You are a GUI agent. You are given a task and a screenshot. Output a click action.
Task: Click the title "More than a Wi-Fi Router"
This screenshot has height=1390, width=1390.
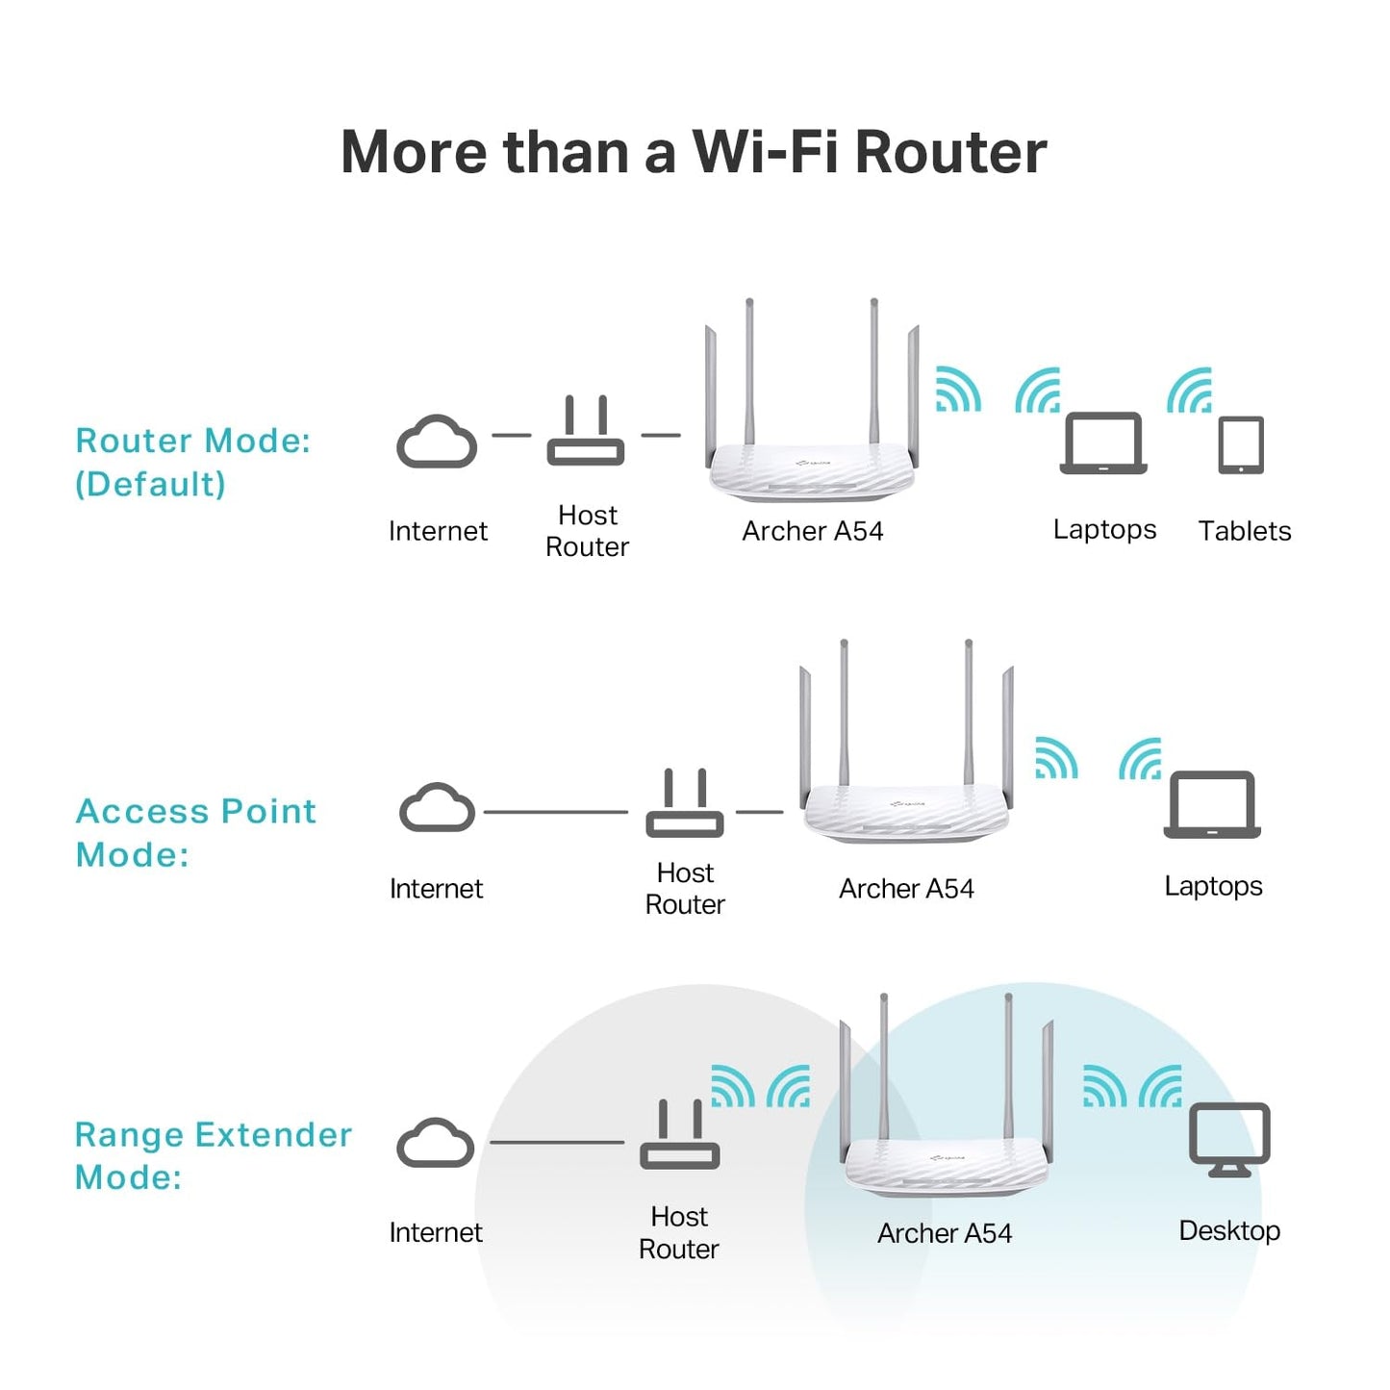click(694, 152)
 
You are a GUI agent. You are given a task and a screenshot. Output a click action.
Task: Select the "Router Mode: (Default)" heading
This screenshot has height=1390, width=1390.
click(192, 462)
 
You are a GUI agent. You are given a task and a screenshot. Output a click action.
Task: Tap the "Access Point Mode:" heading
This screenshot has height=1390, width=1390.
click(195, 832)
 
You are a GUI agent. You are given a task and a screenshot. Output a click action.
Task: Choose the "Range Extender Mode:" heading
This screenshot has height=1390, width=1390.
click(213, 1155)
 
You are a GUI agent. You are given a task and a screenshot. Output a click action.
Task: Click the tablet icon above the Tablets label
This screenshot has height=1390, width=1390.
click(1241, 444)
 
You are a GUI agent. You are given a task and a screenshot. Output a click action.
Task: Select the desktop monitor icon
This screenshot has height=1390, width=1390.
click(1229, 1139)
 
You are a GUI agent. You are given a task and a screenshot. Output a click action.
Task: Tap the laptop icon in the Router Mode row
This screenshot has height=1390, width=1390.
click(1103, 443)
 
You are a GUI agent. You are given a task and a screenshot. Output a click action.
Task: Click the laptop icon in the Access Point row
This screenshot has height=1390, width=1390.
click(1212, 804)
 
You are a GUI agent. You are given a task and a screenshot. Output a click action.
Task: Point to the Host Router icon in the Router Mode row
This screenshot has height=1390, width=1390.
click(586, 432)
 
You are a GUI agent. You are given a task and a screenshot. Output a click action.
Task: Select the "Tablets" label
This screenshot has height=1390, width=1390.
click(1244, 531)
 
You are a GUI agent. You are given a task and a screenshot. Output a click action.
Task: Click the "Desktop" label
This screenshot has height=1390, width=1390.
click(1229, 1230)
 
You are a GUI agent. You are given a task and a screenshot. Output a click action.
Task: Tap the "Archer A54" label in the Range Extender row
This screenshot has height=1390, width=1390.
click(944, 1233)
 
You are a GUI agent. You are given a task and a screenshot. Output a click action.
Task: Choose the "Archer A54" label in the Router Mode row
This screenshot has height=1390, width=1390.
click(812, 531)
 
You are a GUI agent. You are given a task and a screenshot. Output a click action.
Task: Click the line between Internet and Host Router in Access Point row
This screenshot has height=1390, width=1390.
click(555, 812)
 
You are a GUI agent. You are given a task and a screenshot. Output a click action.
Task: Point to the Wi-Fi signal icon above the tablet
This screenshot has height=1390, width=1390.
click(1190, 391)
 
